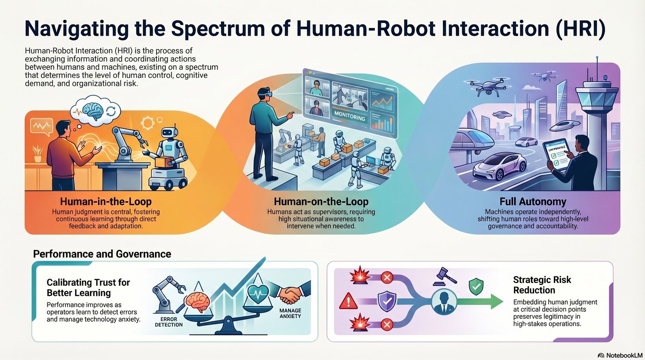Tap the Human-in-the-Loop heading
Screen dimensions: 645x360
pyautogui.click(x=106, y=202)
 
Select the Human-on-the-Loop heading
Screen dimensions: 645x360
pyautogui.click(x=321, y=202)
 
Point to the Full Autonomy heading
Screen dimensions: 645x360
pyautogui.click(x=533, y=202)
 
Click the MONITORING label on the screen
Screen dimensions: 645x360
pyautogui.click(x=350, y=116)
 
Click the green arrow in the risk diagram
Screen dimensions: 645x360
pyautogui.click(x=480, y=302)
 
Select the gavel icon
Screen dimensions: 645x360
pyautogui.click(x=445, y=277)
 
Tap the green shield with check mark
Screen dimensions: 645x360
pyautogui.click(x=476, y=286)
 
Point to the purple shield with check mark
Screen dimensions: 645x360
pyautogui.click(x=387, y=301)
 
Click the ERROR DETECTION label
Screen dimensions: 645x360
pyautogui.click(x=169, y=322)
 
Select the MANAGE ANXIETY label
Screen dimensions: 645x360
pyautogui.click(x=290, y=314)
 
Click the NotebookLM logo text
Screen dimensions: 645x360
pyautogui.click(x=624, y=355)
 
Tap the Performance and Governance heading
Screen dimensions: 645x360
pyautogui.click(x=102, y=254)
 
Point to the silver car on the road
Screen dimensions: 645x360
pyautogui.click(x=500, y=166)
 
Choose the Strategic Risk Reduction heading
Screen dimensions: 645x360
pyautogui.click(x=542, y=285)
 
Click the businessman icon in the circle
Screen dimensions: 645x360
pyautogui.click(x=444, y=302)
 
